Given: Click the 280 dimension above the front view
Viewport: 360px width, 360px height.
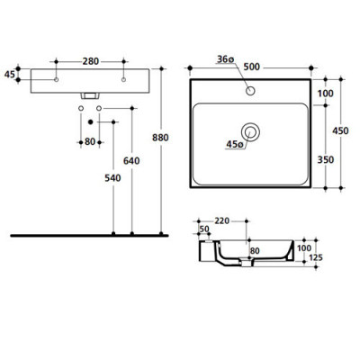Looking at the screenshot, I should (89, 60).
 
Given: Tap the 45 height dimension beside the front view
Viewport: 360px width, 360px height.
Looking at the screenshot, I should (10, 76).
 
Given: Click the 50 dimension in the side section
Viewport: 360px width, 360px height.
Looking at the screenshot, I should (203, 230).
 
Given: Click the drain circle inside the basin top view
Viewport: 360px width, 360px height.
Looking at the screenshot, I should (255, 133).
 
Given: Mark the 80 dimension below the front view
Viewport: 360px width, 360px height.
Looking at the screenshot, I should (89, 142).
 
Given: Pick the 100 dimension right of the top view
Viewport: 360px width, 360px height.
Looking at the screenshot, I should (324, 93).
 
